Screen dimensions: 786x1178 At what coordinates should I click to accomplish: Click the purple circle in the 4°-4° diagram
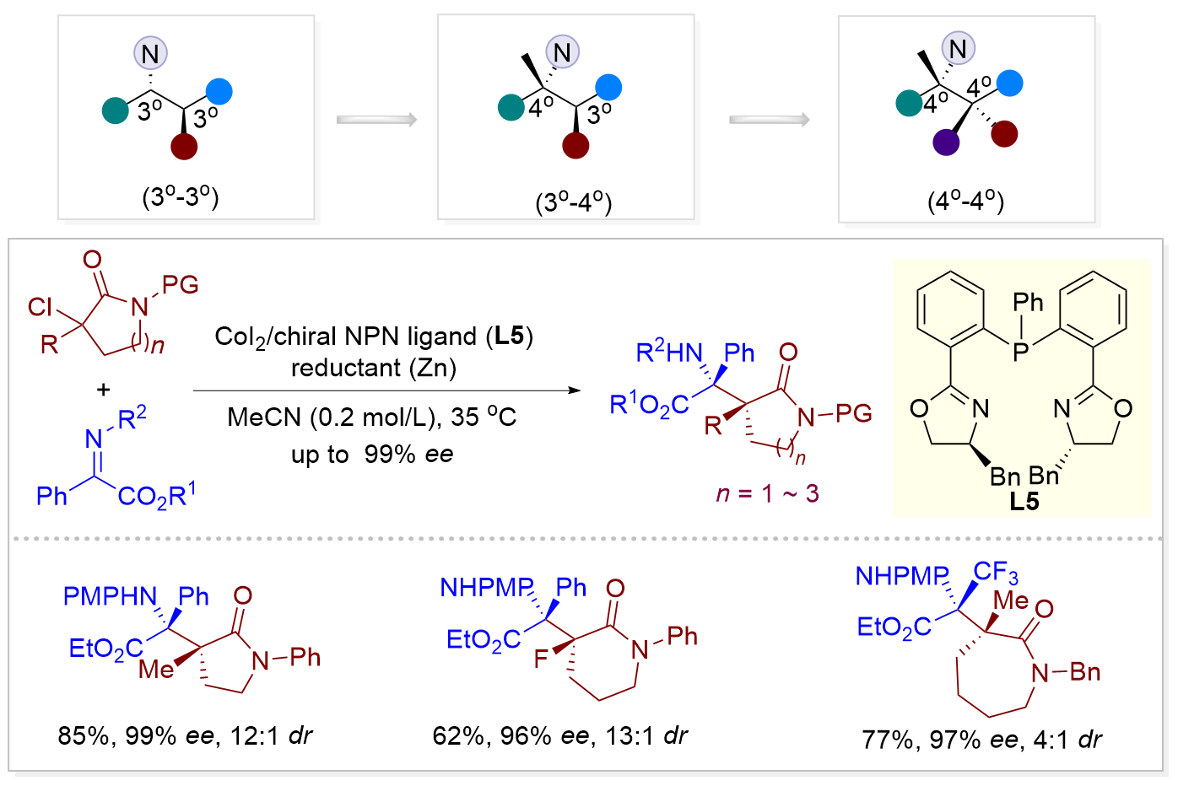pyautogui.click(x=946, y=143)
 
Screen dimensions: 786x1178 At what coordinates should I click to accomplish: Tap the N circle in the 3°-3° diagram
pyautogui.click(x=150, y=54)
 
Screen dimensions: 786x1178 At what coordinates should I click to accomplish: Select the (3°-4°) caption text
pyautogui.click(x=574, y=202)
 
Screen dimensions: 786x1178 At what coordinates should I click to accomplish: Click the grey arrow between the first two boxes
pyautogui.click(x=377, y=120)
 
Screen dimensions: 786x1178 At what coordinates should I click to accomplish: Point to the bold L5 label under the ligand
pyautogui.click(x=1024, y=502)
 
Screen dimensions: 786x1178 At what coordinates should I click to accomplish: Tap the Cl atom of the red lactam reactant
pyautogui.click(x=40, y=307)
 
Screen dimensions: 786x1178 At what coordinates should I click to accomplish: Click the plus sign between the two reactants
pyautogui.click(x=103, y=390)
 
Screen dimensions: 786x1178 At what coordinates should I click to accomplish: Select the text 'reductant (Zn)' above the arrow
pyautogui.click(x=374, y=368)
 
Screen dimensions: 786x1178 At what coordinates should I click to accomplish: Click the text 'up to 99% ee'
pyautogui.click(x=372, y=455)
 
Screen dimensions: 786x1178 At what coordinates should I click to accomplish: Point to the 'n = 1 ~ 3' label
pyautogui.click(x=767, y=493)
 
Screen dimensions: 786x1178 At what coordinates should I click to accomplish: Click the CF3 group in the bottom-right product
pyautogui.click(x=996, y=573)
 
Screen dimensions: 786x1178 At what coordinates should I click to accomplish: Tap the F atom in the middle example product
pyautogui.click(x=541, y=659)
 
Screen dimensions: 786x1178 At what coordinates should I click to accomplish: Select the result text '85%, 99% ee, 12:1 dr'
pyautogui.click(x=185, y=736)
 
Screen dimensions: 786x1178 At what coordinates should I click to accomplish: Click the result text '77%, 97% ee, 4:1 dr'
pyautogui.click(x=981, y=740)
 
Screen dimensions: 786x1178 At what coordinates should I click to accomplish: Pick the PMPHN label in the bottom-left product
pyautogui.click(x=111, y=597)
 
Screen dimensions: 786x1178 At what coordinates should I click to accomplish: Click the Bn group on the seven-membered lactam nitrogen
pyautogui.click(x=1086, y=672)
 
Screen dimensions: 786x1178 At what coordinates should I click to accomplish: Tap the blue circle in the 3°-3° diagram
pyautogui.click(x=219, y=91)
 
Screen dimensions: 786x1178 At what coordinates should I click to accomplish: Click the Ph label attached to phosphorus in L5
pyautogui.click(x=1028, y=303)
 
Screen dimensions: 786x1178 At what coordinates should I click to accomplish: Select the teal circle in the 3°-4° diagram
pyautogui.click(x=511, y=108)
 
